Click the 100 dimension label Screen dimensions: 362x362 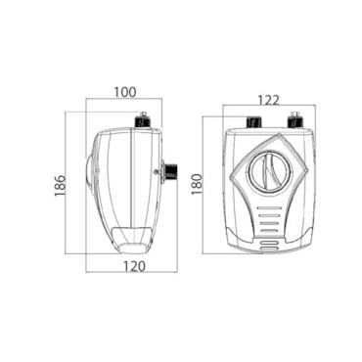[125, 92]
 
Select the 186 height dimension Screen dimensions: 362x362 [61, 186]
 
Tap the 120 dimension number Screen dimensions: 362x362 [134, 266]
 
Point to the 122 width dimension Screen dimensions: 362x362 [269, 101]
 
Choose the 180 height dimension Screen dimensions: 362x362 [197, 184]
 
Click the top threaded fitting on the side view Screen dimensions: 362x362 [143, 121]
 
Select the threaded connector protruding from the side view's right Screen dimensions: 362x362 [169, 172]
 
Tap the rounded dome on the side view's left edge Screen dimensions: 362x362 [90, 170]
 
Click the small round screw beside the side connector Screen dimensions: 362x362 [157, 171]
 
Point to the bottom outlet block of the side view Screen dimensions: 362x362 [131, 241]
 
